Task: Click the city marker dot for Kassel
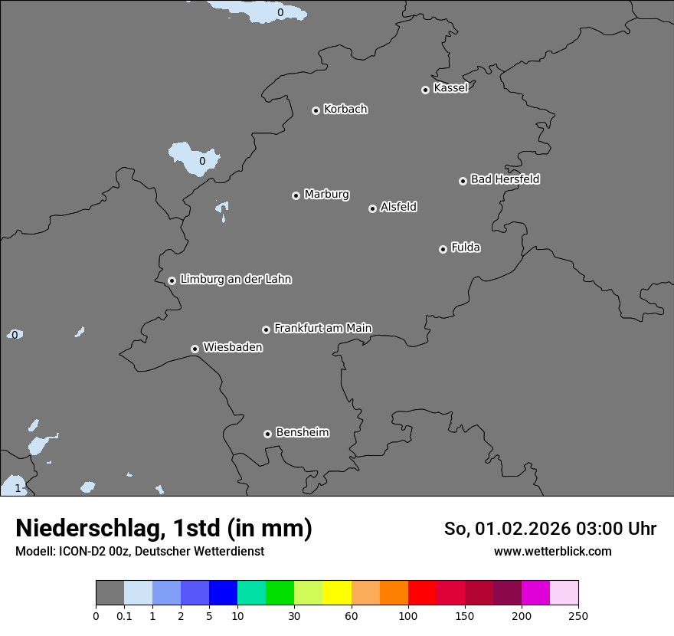pyautogui.click(x=425, y=90)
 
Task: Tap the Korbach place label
pyautogui.click(x=345, y=110)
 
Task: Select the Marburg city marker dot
pyautogui.click(x=296, y=195)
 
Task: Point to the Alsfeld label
pyautogui.click(x=398, y=207)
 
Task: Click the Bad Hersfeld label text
pyautogui.click(x=505, y=179)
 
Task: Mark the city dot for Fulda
pyautogui.click(x=443, y=249)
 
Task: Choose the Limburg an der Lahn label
pyautogui.click(x=235, y=280)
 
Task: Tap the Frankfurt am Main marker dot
pyautogui.click(x=266, y=329)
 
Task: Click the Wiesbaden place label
pyautogui.click(x=232, y=348)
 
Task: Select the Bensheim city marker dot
pyautogui.click(x=267, y=434)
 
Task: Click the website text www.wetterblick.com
pyautogui.click(x=552, y=552)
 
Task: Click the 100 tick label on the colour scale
pyautogui.click(x=408, y=615)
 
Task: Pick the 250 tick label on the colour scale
pyautogui.click(x=578, y=615)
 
